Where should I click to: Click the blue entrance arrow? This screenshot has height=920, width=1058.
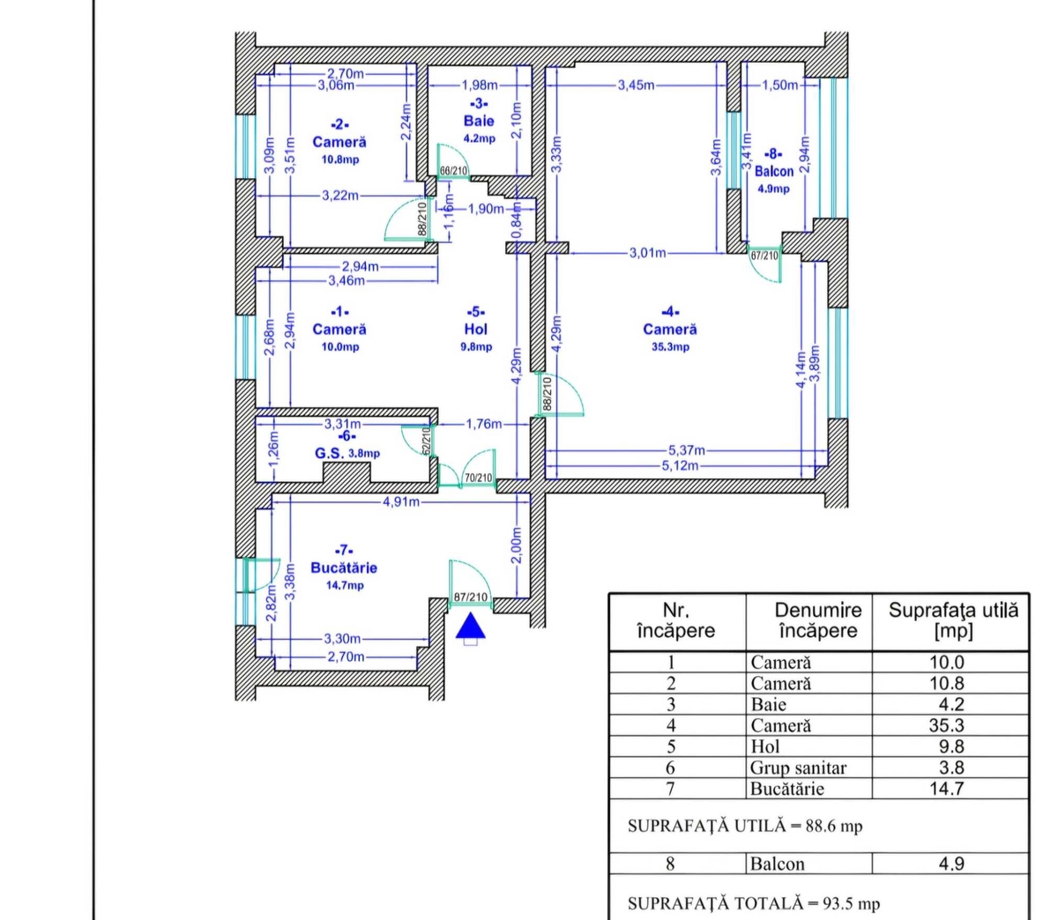pos(470,626)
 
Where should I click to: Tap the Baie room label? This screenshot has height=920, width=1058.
pos(479,121)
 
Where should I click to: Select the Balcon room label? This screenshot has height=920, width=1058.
pos(773,171)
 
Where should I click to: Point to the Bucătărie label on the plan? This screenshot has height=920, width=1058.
pos(344,568)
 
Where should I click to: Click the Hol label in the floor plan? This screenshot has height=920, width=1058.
pos(476,329)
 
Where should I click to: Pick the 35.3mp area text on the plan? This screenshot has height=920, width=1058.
pos(670,347)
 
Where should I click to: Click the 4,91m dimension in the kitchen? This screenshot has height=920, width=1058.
pos(401,502)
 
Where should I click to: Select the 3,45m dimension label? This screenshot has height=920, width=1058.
pos(636,85)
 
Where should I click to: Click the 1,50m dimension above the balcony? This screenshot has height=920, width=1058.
pos(779,85)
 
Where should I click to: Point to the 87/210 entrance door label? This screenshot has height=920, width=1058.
pos(470,597)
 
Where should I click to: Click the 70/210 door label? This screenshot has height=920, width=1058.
pos(479,479)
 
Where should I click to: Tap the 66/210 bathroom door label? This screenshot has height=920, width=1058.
pos(453,171)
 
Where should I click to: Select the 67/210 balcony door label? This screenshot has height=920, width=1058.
pos(764,256)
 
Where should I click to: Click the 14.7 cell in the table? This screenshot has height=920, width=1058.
pos(947,789)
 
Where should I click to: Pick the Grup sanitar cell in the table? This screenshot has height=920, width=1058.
pos(798,768)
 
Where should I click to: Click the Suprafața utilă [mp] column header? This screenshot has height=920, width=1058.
pos(953,620)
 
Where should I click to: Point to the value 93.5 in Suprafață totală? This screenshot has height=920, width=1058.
pos(838,903)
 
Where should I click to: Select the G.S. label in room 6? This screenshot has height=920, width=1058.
pos(330,453)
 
